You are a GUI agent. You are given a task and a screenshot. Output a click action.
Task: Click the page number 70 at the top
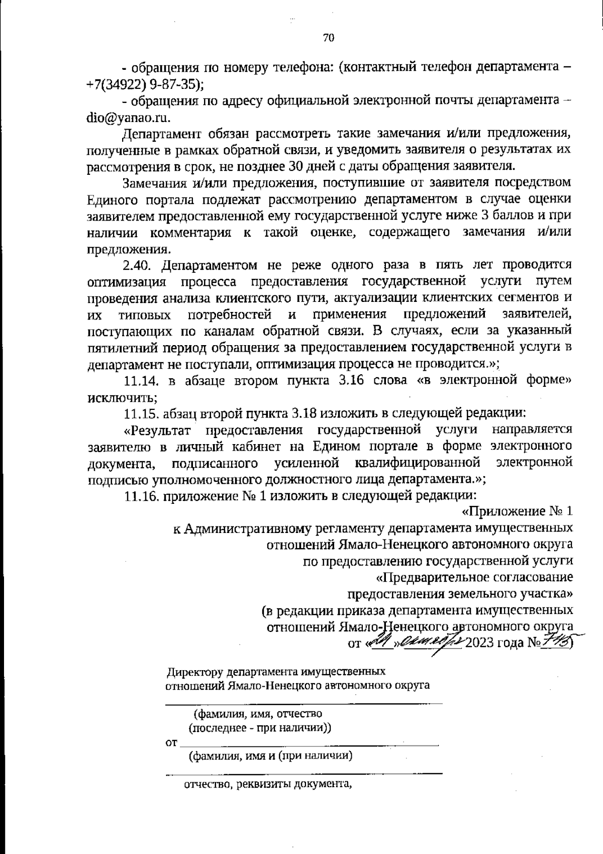click(329, 38)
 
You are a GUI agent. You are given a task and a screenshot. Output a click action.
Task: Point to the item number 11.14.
click(142, 381)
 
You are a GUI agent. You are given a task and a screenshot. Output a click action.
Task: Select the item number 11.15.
click(142, 413)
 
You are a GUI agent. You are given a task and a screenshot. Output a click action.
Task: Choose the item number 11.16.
click(142, 496)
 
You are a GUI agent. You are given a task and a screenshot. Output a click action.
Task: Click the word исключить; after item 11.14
click(123, 397)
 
